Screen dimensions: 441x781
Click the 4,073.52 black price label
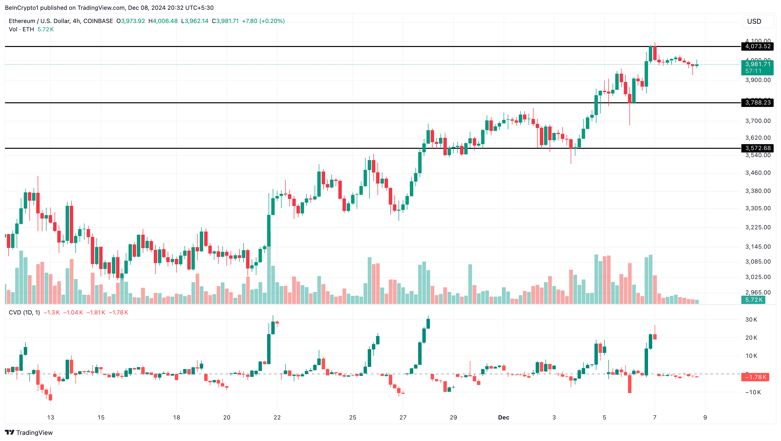[x=757, y=46]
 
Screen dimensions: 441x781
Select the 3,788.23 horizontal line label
[x=757, y=103]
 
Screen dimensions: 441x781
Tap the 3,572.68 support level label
[x=757, y=148]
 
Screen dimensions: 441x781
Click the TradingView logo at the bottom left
[x=29, y=432]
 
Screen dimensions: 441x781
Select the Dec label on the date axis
[x=504, y=417]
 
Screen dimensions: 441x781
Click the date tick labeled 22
[x=277, y=417]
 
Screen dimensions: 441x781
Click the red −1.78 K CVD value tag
[x=755, y=377]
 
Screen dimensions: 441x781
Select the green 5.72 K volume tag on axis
[x=753, y=300]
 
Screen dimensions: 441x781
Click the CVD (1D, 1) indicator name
[x=24, y=313]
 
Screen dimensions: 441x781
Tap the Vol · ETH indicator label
[x=21, y=29]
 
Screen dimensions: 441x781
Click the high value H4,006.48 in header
[x=163, y=21]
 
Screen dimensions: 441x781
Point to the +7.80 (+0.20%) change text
[x=263, y=21]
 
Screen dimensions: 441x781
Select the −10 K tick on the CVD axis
[x=753, y=392]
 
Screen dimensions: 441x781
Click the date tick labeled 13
[x=51, y=417]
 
